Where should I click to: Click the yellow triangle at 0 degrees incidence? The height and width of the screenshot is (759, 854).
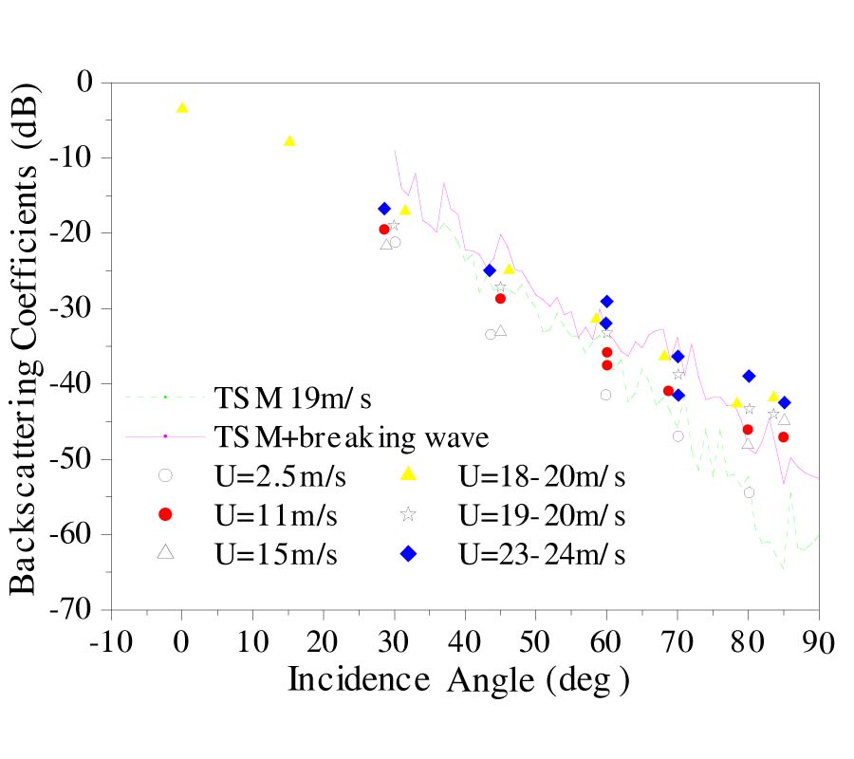[x=182, y=107]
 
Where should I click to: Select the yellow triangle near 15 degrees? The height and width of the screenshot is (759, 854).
[x=289, y=140]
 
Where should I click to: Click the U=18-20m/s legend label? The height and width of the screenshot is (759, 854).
[x=542, y=474]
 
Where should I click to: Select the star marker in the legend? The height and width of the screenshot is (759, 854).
[x=408, y=514]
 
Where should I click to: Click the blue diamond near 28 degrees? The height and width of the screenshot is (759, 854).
[x=384, y=209]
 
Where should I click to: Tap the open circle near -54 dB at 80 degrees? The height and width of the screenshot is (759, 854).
[x=749, y=492]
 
